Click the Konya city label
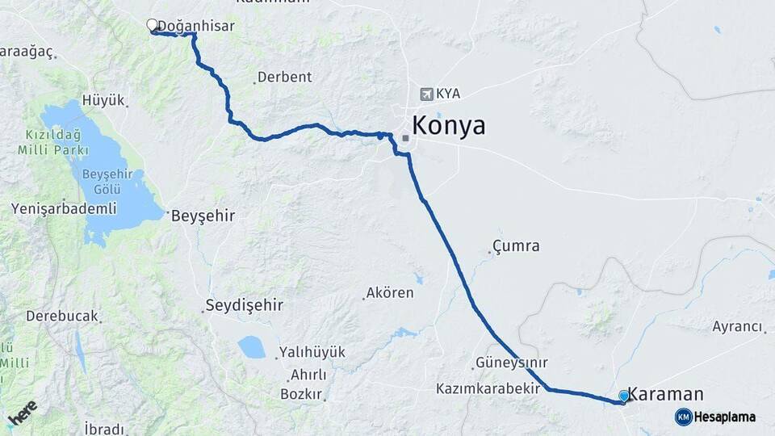(x=449, y=126)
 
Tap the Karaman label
(x=666, y=394)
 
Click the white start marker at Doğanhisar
(x=152, y=25)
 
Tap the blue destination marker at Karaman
(x=623, y=396)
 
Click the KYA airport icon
(x=426, y=94)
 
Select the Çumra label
(x=516, y=245)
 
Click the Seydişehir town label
(x=245, y=305)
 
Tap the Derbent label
(x=284, y=78)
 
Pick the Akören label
(x=390, y=292)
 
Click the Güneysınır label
(x=512, y=363)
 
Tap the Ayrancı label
(x=737, y=326)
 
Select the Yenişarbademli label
(x=64, y=208)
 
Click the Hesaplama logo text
(x=724, y=417)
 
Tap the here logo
(x=23, y=412)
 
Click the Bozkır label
(x=301, y=394)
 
